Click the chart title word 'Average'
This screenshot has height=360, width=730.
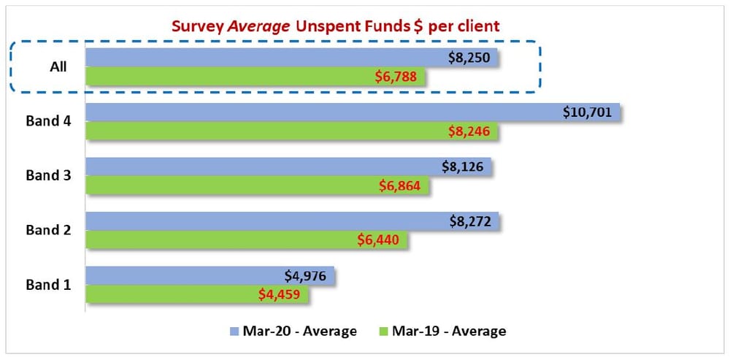coord(249,26)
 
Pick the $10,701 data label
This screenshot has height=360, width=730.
coord(590,112)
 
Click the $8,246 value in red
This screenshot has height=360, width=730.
coord(472,131)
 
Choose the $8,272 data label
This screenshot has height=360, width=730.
coord(474,221)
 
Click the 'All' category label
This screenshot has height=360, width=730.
coord(58,66)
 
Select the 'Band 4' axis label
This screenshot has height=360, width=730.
coord(48,121)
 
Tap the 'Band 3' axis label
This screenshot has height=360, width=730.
coord(48,175)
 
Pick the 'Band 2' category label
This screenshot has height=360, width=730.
coord(48,230)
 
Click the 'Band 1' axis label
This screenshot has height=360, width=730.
coord(48,284)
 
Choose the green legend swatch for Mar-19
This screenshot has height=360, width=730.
coord(383,332)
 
